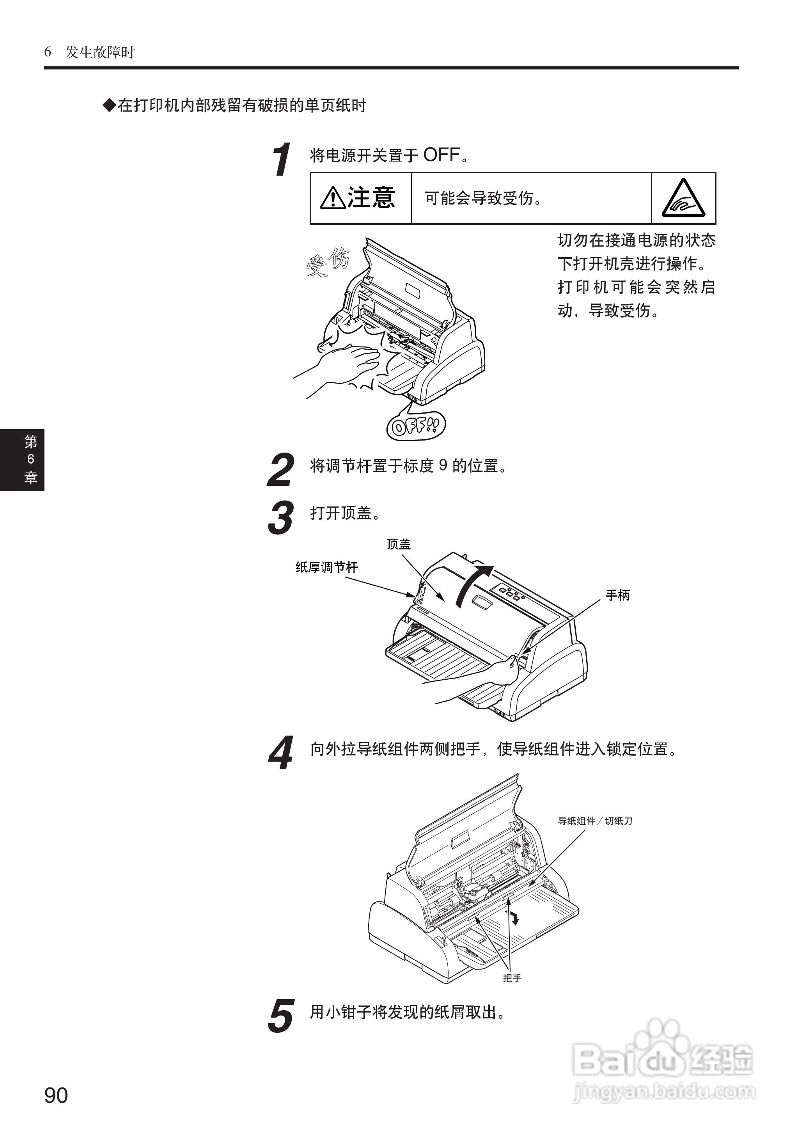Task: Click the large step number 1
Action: tap(282, 160)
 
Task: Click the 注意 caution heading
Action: tap(358, 198)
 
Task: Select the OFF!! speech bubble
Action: tap(416, 425)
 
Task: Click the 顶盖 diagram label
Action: tap(399, 544)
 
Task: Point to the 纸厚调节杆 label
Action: tap(326, 567)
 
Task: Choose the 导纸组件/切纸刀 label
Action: tap(595, 821)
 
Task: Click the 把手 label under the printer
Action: tap(512, 978)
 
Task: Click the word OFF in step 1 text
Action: tap(441, 155)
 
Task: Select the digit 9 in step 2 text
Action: tap(443, 465)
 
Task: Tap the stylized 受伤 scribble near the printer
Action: tap(328, 261)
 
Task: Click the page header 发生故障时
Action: tap(100, 52)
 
